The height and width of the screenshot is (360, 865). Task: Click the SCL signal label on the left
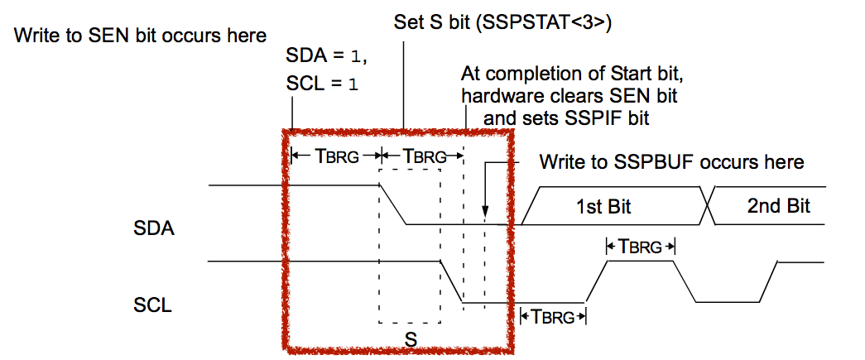click(153, 305)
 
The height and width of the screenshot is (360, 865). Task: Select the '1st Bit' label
click(603, 205)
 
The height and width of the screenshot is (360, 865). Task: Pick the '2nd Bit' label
click(777, 205)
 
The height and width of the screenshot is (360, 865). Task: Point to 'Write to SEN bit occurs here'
click(141, 36)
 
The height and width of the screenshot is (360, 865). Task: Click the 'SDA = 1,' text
click(324, 59)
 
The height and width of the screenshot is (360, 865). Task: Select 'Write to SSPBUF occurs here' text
click(672, 161)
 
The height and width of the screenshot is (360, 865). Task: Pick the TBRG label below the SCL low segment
click(552, 316)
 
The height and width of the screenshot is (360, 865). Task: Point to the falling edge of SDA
click(393, 204)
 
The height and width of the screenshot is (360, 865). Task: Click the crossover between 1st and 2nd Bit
click(708, 204)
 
